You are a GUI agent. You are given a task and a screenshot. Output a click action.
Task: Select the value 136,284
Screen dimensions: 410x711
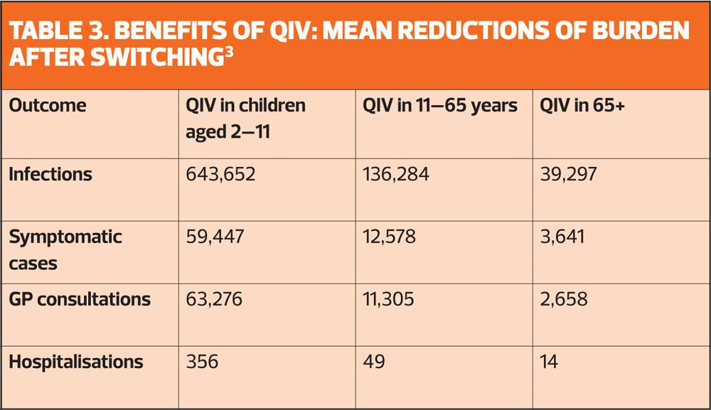pyautogui.click(x=396, y=174)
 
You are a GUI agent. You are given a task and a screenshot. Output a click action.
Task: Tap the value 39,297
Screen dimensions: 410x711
pyautogui.click(x=569, y=174)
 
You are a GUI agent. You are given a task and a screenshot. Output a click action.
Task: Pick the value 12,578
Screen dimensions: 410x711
pyautogui.click(x=391, y=237)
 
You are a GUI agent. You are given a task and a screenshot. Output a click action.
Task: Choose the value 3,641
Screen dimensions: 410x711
pyautogui.click(x=562, y=237)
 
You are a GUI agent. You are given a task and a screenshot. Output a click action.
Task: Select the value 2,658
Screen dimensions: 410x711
pyautogui.click(x=564, y=299)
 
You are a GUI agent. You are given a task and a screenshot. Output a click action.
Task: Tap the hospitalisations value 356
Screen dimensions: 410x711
pyautogui.click(x=202, y=362)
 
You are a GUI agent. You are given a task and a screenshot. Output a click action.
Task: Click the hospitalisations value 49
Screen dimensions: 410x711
pyautogui.click(x=374, y=362)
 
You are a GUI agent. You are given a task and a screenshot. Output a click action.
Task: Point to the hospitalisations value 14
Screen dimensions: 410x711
pyautogui.click(x=548, y=362)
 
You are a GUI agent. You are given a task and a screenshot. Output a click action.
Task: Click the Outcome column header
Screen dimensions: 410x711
pyautogui.click(x=47, y=106)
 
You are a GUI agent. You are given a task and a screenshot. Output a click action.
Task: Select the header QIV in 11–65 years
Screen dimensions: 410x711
pyautogui.click(x=440, y=106)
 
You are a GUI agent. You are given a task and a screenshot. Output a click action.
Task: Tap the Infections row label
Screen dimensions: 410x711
pyautogui.click(x=50, y=174)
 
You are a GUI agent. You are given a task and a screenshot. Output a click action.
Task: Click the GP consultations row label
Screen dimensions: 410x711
pyautogui.click(x=80, y=299)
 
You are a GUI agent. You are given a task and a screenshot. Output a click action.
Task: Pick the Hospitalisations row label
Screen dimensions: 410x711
pyautogui.click(x=76, y=362)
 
